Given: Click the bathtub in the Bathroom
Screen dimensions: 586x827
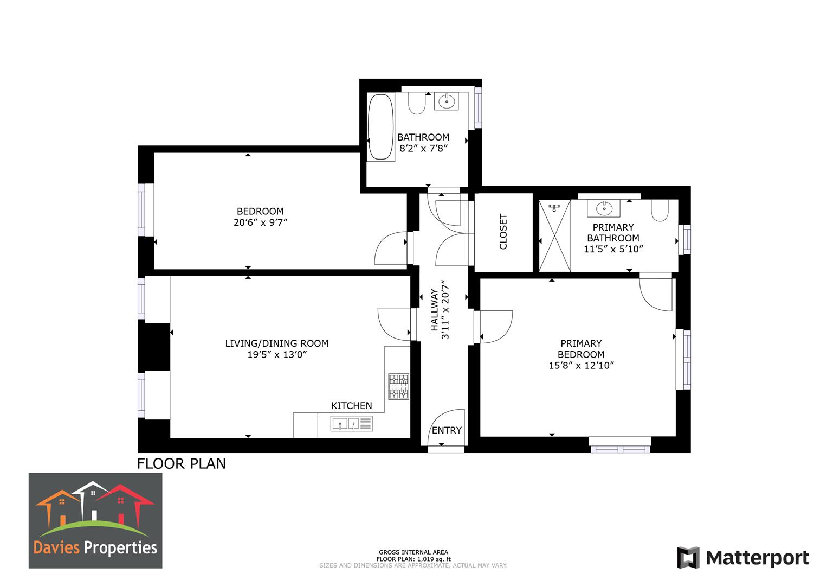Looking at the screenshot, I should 381,127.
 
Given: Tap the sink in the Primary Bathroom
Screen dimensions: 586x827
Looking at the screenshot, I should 603,208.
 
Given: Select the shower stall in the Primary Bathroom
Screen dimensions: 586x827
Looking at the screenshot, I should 555,235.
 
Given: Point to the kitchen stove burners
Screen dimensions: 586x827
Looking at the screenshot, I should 398,386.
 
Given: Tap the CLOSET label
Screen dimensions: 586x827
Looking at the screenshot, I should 503,232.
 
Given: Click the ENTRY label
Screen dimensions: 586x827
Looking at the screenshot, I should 447,430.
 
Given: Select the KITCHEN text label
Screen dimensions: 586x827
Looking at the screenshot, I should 351,406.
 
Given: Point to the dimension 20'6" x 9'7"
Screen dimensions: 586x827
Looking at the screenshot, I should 260,222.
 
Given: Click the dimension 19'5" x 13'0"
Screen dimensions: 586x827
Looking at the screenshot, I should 276,355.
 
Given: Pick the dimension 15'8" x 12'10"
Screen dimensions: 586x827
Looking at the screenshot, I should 581,366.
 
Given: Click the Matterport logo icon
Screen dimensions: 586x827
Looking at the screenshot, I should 688,558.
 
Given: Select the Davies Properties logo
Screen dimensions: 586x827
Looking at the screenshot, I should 95,520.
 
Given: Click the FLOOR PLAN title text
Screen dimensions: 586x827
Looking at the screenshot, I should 181,464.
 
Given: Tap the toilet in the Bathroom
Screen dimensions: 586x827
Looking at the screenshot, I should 417,103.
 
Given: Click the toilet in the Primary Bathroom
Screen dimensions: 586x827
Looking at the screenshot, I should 660,211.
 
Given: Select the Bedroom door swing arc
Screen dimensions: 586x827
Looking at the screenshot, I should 389,249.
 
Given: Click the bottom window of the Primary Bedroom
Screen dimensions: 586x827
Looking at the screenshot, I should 621,449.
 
